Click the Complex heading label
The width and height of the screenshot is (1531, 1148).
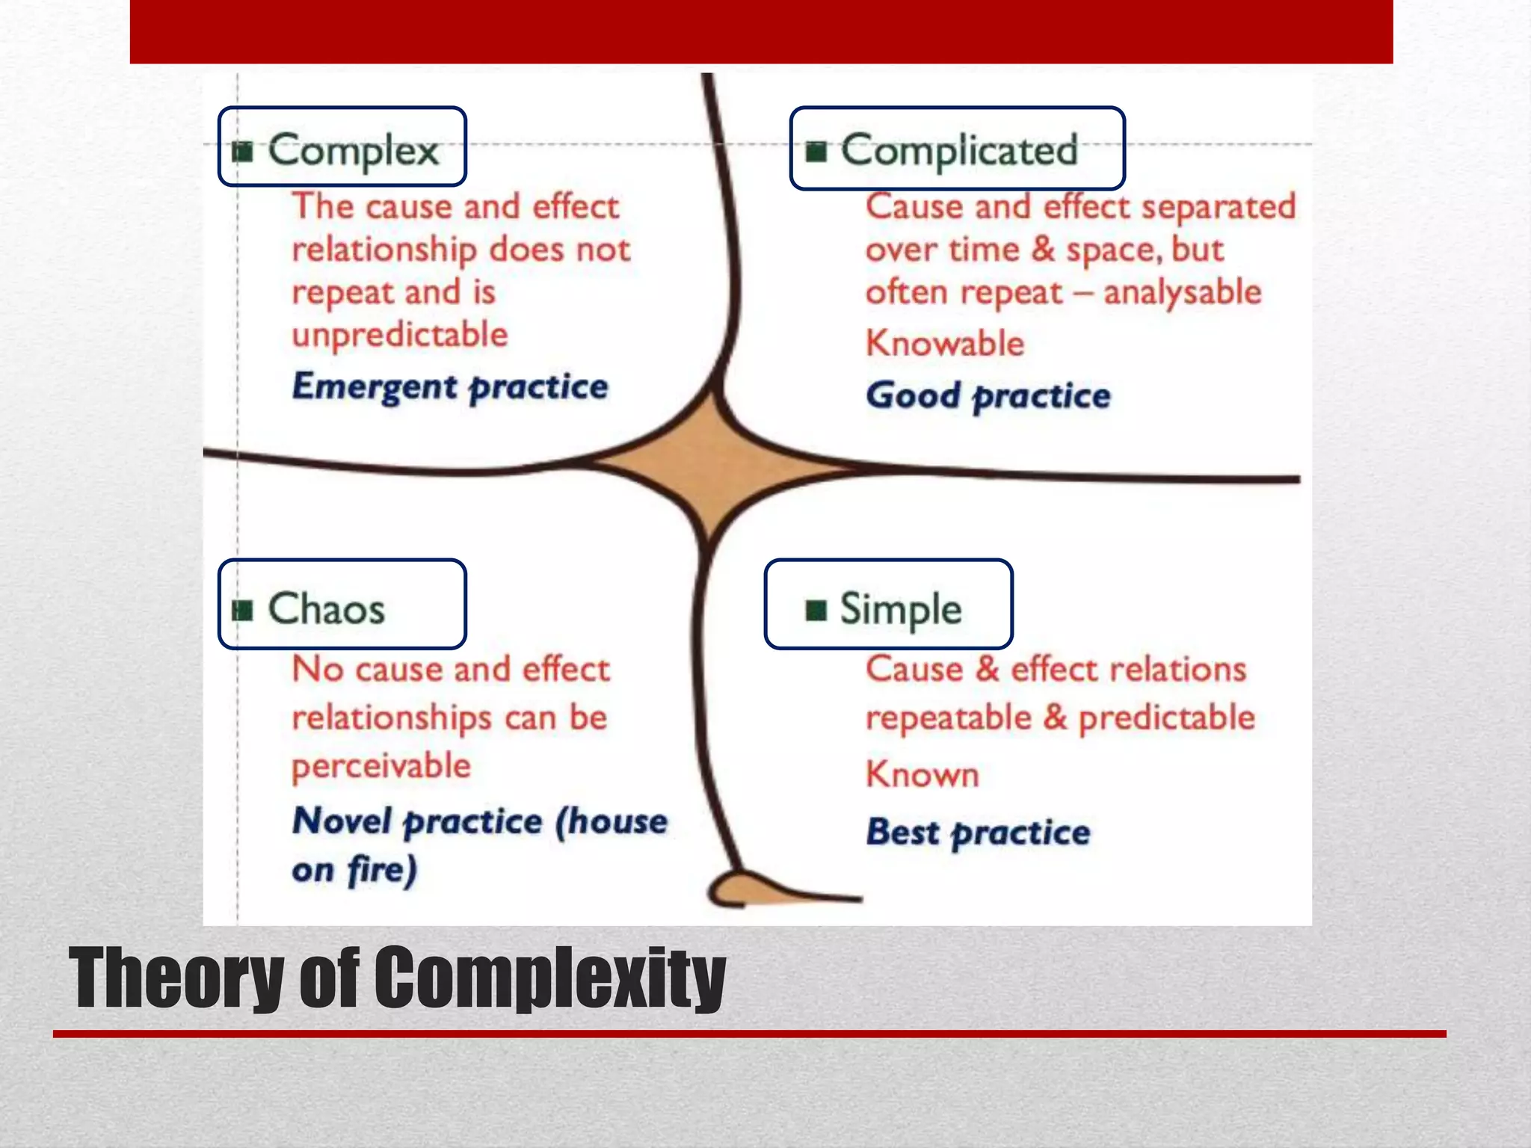(x=353, y=150)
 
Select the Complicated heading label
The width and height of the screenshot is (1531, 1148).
(x=958, y=150)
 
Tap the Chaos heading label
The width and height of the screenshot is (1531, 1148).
(x=326, y=608)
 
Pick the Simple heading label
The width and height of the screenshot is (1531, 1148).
(x=900, y=609)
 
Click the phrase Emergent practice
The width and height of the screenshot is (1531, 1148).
(x=450, y=387)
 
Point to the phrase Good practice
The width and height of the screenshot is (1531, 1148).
(x=988, y=395)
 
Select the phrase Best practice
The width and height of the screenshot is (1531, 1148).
(x=978, y=832)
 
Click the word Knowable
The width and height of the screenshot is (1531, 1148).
(x=944, y=344)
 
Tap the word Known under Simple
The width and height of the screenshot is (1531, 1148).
(x=922, y=774)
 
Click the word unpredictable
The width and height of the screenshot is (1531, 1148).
(x=399, y=335)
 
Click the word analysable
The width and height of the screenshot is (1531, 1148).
(x=1182, y=292)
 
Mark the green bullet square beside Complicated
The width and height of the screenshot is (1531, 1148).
(x=816, y=152)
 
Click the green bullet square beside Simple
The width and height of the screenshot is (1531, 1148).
(x=816, y=610)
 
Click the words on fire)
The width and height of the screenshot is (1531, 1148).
(x=354, y=870)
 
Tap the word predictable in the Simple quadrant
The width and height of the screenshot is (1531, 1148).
(x=1166, y=718)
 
